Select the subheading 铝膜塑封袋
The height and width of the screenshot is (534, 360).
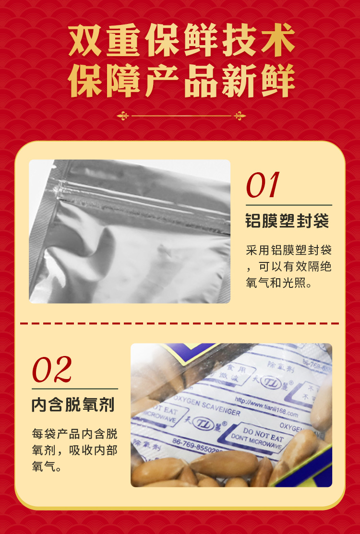[287, 221]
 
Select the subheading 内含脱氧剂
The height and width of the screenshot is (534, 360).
[73, 404]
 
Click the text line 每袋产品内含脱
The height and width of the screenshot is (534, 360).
[74, 434]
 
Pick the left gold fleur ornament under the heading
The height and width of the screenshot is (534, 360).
[123, 116]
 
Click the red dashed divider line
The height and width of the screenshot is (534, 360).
[180, 323]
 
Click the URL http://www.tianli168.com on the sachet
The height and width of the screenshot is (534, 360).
[267, 406]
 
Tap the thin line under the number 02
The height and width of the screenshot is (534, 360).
[74, 389]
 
